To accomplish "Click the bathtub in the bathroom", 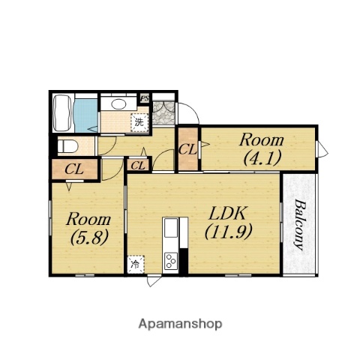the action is [63, 112].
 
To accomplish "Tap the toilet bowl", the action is [67, 146].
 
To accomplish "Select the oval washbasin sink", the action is [118, 104].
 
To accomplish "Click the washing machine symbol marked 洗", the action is [139, 122].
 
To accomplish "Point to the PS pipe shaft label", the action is [145, 98].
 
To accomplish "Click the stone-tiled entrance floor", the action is [163, 113].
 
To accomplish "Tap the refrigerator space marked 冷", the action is [136, 264].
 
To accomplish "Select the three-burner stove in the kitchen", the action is [171, 261].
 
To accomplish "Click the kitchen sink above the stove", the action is [171, 228].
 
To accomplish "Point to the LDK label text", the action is [228, 213].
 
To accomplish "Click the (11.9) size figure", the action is [228, 232].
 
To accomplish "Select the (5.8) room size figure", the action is [89, 238].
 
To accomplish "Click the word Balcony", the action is [300, 224].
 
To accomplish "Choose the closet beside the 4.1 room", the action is [188, 149].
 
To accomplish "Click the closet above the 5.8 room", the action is [74, 169].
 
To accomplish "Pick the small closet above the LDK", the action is [138, 165].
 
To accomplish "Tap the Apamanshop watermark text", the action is [180, 324].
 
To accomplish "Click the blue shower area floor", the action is [85, 115].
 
